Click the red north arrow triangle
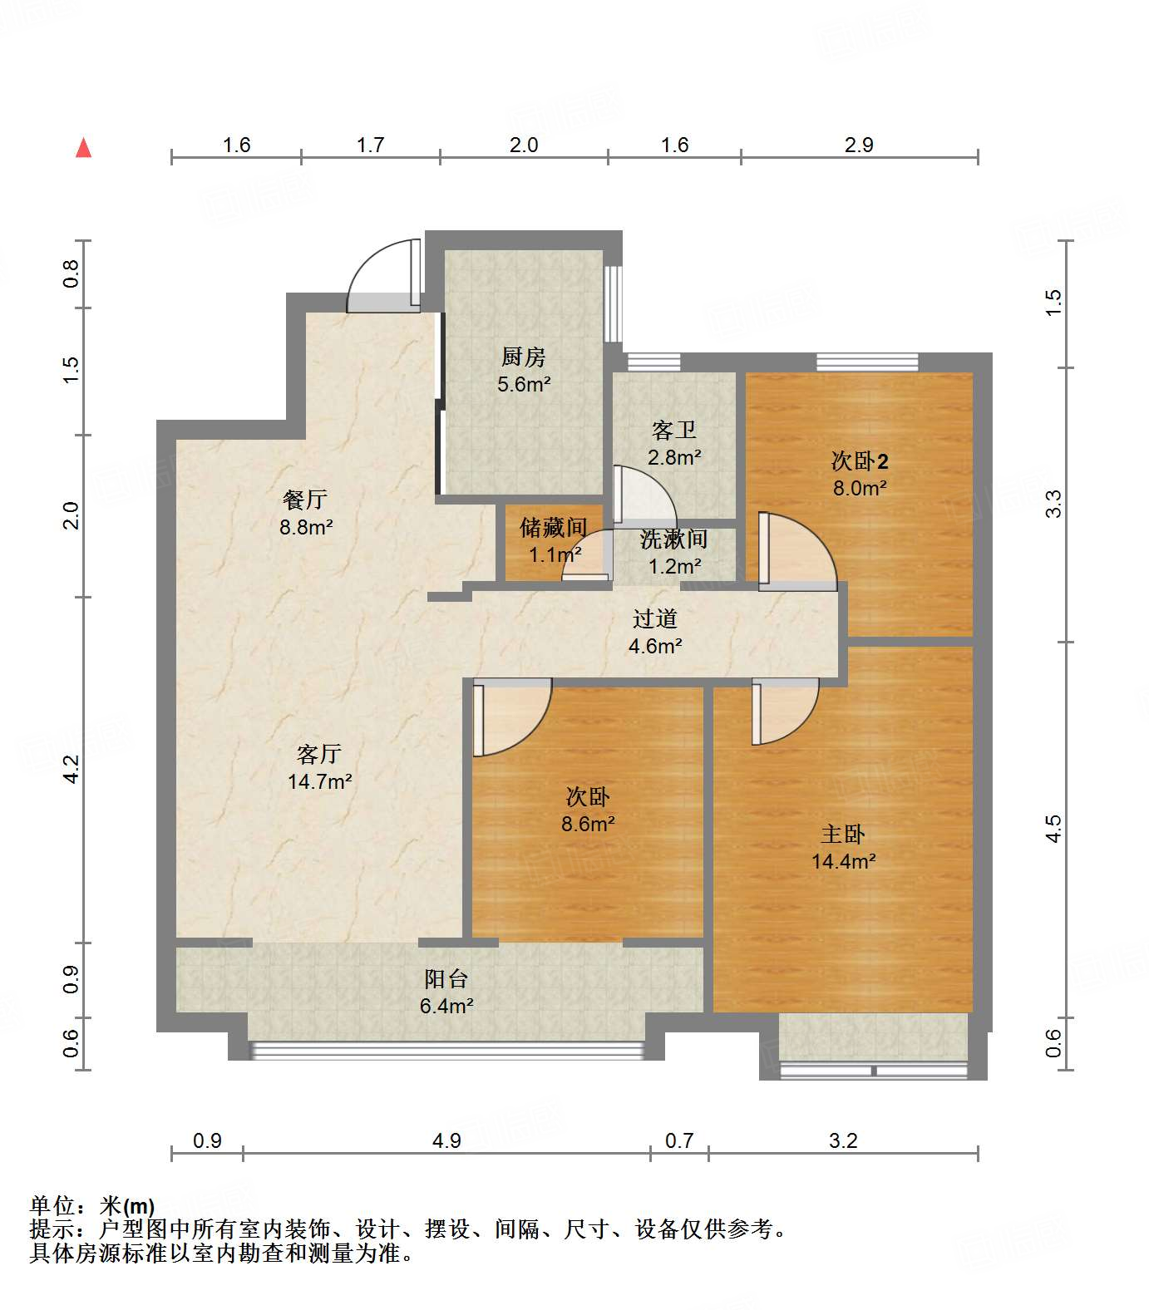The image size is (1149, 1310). pyautogui.click(x=83, y=148)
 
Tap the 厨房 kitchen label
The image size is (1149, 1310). pyautogui.click(x=523, y=357)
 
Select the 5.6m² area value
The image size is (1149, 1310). pyautogui.click(x=524, y=384)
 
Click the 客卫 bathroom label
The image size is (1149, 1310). pyautogui.click(x=673, y=430)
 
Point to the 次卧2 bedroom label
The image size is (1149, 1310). pyautogui.click(x=860, y=460)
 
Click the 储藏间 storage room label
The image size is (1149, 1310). pyautogui.click(x=553, y=527)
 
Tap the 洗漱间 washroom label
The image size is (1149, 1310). pyautogui.click(x=673, y=539)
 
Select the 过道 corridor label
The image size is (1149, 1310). pyautogui.click(x=655, y=618)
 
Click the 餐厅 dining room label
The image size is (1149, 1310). pyautogui.click(x=305, y=500)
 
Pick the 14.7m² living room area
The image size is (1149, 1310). pyautogui.click(x=319, y=781)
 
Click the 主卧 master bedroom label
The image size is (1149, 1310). pyautogui.click(x=843, y=834)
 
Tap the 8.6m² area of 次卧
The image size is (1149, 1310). pyautogui.click(x=588, y=824)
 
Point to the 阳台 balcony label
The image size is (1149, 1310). pyautogui.click(x=446, y=979)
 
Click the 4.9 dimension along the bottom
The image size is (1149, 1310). pyautogui.click(x=446, y=1140)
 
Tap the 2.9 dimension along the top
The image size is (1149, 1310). pyautogui.click(x=859, y=145)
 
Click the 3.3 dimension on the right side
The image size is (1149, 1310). pyautogui.click(x=1054, y=503)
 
